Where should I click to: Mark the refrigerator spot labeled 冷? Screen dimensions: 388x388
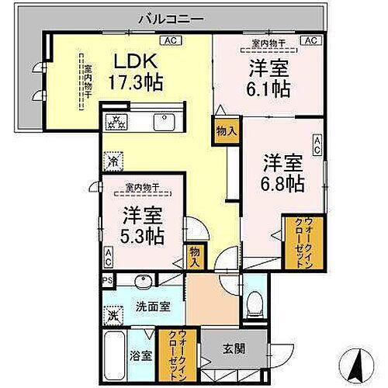click(113, 164)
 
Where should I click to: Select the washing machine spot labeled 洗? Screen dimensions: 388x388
click(113, 316)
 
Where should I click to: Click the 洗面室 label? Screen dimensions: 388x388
click(145, 306)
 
